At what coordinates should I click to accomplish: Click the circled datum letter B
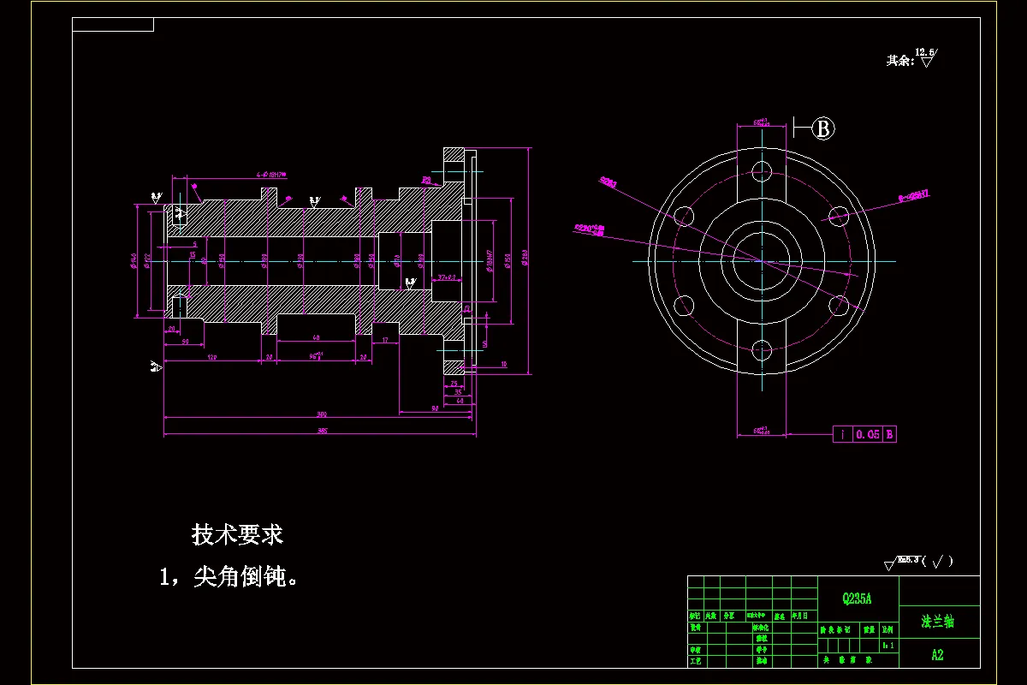[x=823, y=128]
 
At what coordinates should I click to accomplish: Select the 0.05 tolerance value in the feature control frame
[x=868, y=434]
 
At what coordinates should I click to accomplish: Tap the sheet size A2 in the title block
[x=937, y=655]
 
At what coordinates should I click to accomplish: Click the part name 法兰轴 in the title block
[x=937, y=622]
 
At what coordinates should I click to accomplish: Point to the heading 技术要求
[x=237, y=535]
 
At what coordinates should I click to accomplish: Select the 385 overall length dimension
[x=323, y=431]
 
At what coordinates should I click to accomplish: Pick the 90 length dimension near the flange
[x=435, y=408]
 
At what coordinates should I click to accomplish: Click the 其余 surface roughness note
[x=911, y=60]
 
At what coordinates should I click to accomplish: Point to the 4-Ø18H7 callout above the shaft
[x=271, y=175]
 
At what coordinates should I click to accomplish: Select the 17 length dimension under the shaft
[x=385, y=341]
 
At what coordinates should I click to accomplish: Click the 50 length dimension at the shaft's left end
[x=185, y=342]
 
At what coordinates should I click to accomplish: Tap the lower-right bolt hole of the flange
[x=839, y=304]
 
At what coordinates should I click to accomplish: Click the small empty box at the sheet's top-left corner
[x=113, y=24]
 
